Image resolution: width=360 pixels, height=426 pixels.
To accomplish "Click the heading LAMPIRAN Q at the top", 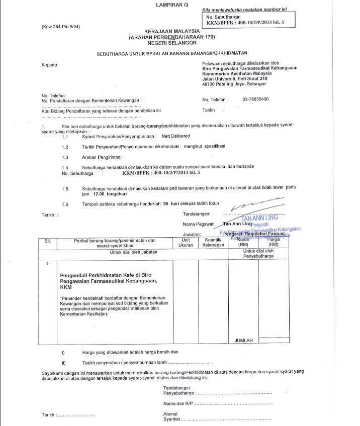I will [171, 5].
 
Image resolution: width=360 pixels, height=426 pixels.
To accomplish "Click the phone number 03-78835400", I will [255, 99].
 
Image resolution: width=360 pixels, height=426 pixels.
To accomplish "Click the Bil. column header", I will [48, 241].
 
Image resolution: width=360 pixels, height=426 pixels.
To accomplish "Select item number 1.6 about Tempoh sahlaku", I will [65, 204].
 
